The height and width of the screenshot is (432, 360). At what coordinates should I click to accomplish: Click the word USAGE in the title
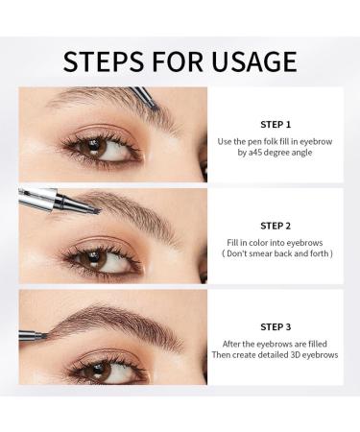click(252, 61)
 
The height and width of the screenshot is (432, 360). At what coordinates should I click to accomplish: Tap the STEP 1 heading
click(275, 124)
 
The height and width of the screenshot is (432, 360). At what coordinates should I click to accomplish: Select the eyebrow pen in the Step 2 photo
click(58, 202)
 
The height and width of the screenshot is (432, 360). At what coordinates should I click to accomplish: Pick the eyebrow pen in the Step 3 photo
click(31, 335)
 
